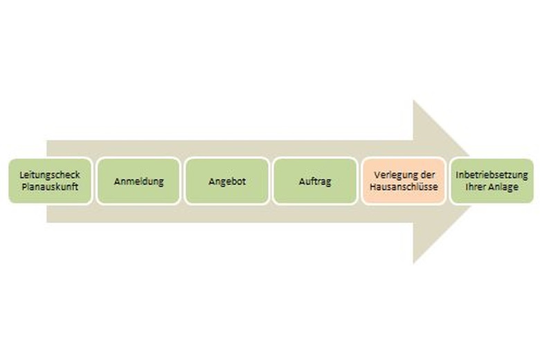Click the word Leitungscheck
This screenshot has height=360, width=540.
click(x=50, y=175)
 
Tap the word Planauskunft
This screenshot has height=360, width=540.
click(x=50, y=187)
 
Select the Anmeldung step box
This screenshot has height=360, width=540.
click(x=138, y=181)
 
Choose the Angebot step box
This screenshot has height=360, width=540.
click(x=227, y=181)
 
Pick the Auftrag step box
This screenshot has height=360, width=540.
click(x=315, y=181)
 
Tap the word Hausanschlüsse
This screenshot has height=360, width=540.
click(x=404, y=187)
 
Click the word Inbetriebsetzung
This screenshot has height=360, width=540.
click(x=492, y=174)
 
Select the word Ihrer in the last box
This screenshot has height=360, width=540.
click(x=474, y=187)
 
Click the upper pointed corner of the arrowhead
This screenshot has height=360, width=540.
click(x=413, y=100)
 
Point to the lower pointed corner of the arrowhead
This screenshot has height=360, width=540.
click(x=413, y=264)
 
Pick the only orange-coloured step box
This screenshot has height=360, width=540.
click(x=404, y=181)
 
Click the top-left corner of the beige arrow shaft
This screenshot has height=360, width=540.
click(x=47, y=141)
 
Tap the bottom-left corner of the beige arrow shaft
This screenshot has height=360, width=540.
click(x=47, y=222)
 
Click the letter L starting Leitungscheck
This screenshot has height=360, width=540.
click(x=21, y=174)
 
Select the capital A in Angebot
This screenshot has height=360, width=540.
click(x=212, y=181)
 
